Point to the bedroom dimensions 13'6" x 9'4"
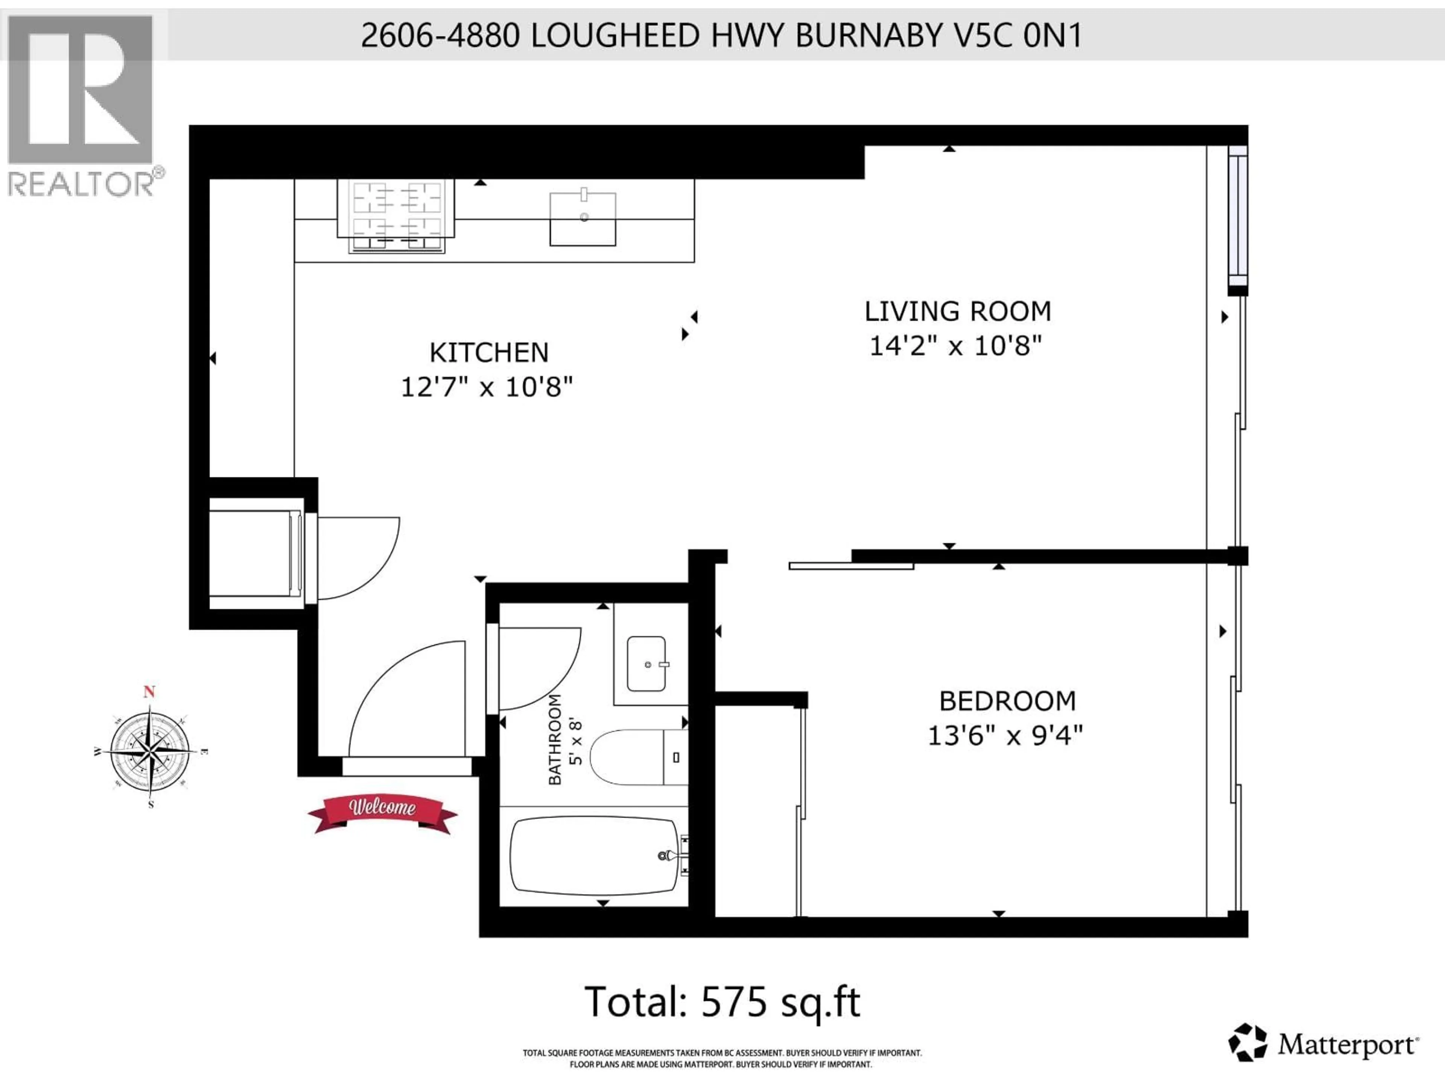(x=1005, y=736)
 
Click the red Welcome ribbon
(x=382, y=812)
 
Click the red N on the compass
(x=149, y=692)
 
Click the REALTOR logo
(x=82, y=105)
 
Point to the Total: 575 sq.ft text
(x=722, y=1002)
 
